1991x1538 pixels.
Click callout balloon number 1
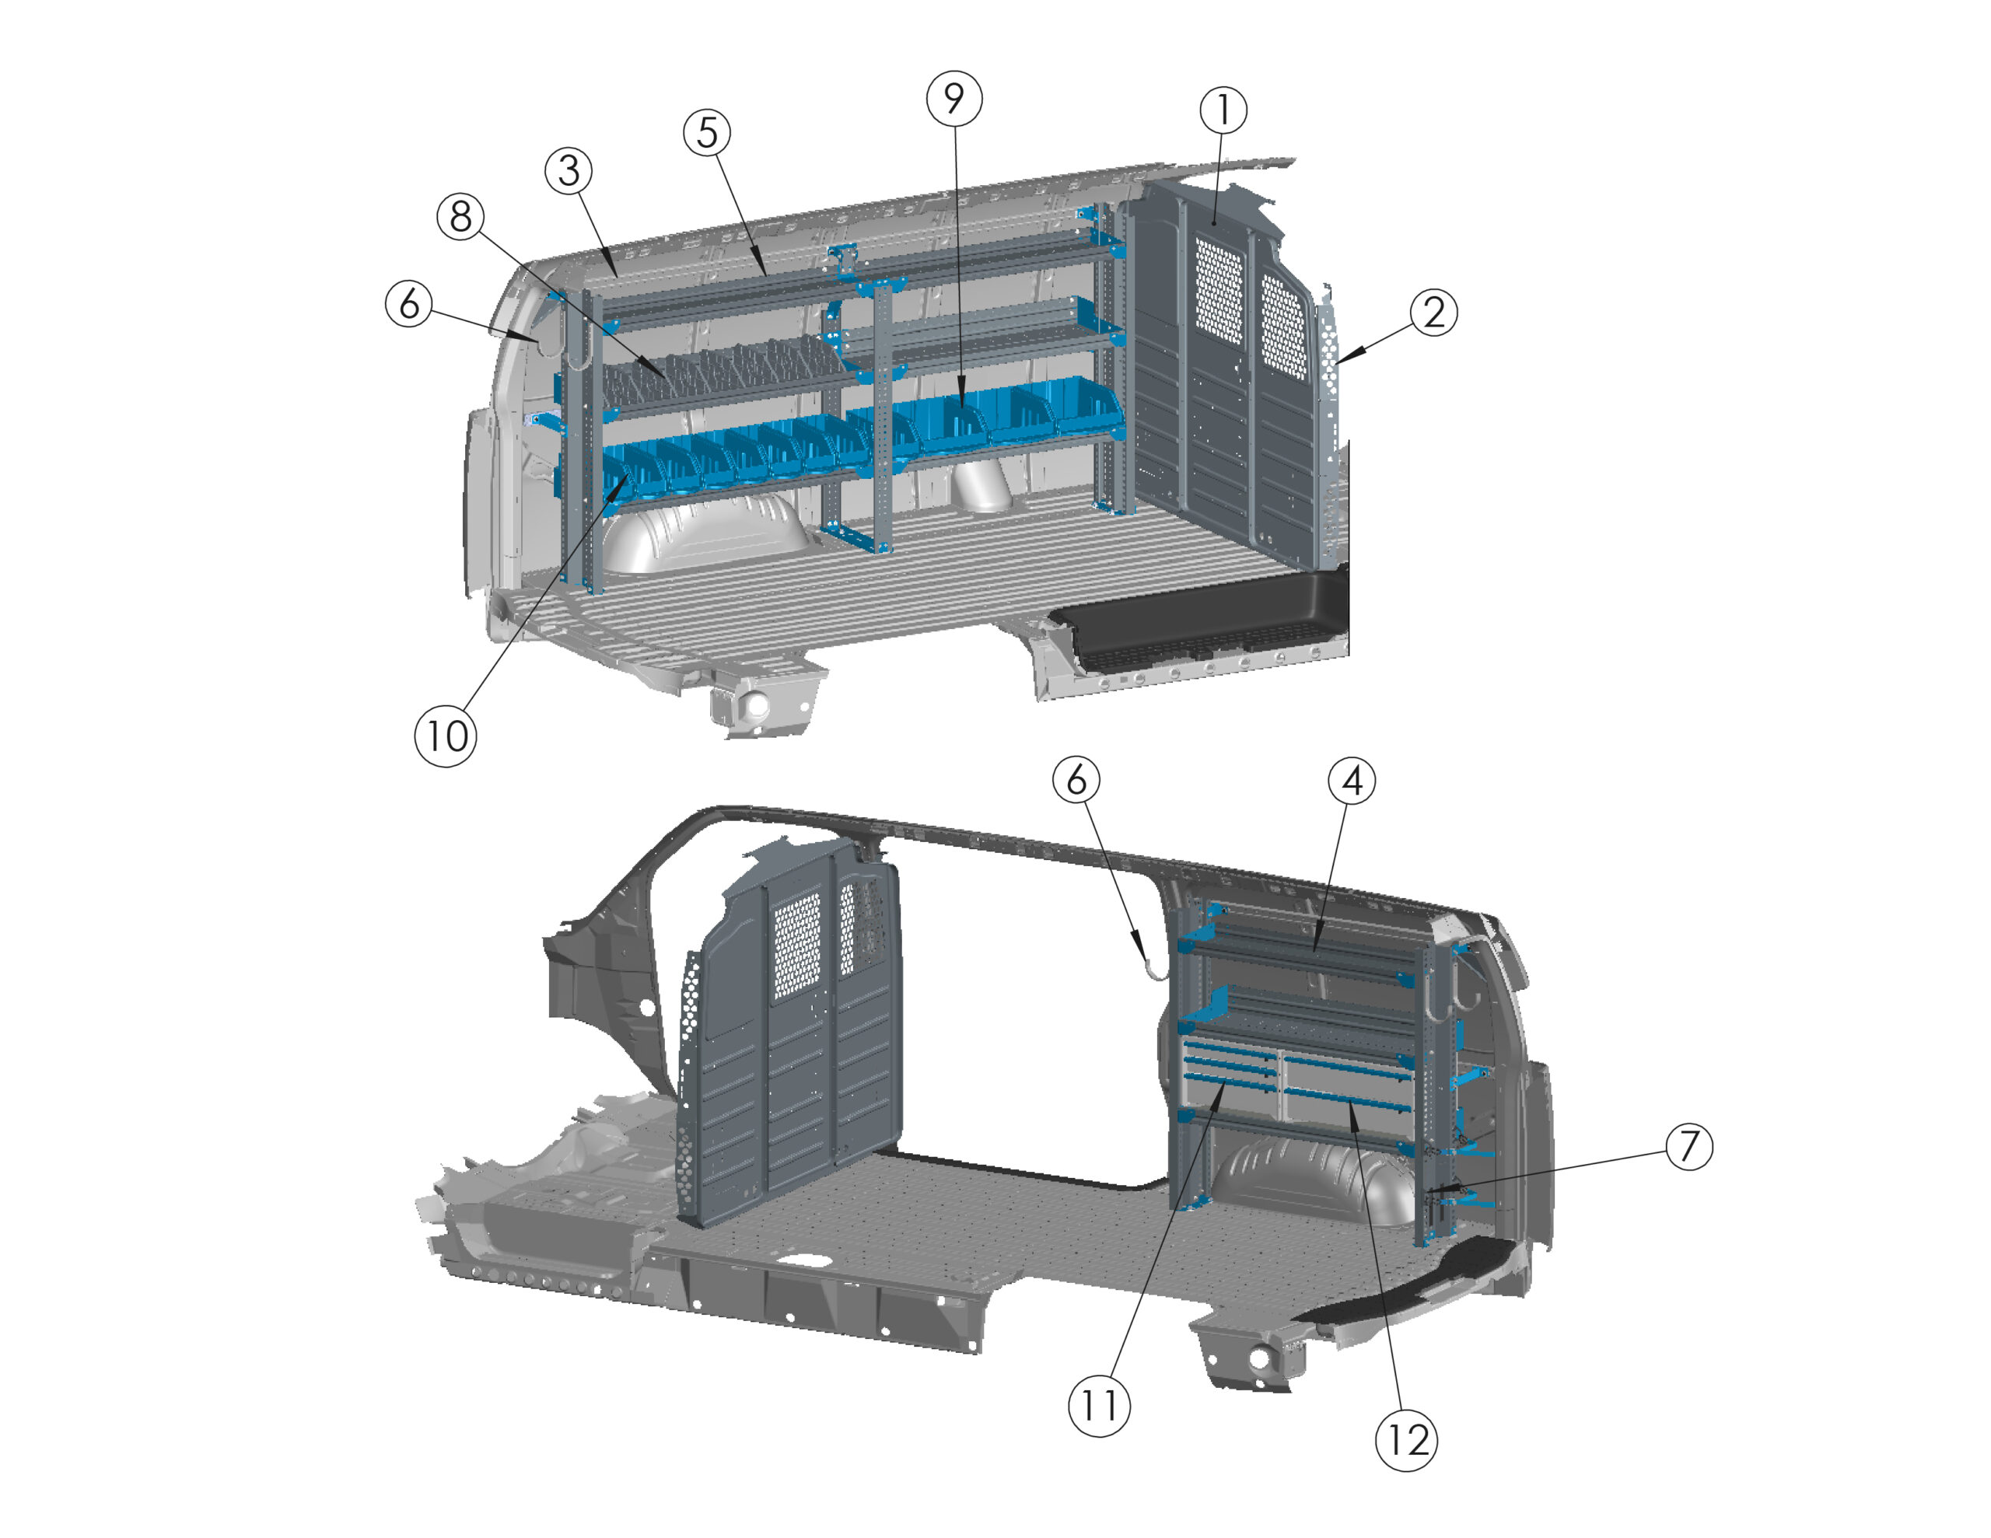pos(1223,110)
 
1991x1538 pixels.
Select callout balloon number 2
pos(1433,313)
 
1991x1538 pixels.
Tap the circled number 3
pos(569,170)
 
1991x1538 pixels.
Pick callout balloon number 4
pos(1352,781)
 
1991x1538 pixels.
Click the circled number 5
pos(708,133)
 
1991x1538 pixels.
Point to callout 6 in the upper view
pos(409,302)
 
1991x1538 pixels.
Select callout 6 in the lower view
pos(1076,781)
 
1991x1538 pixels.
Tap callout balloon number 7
pos(1689,1146)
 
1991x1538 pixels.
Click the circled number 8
pos(461,217)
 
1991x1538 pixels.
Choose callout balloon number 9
pos(954,99)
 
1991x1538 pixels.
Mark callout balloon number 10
pos(446,736)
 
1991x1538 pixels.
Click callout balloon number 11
pos(1100,1406)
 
